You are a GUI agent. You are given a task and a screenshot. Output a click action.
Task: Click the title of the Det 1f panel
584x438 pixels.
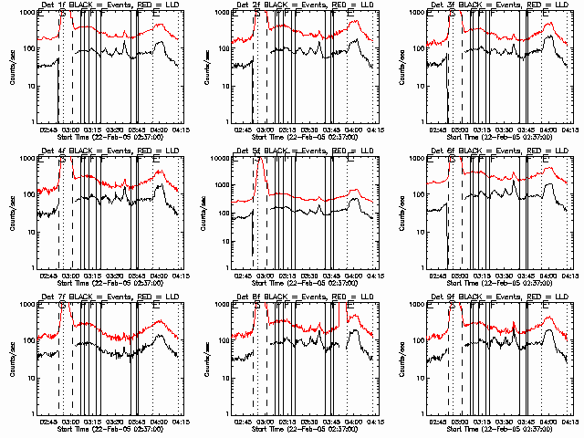coord(107,5)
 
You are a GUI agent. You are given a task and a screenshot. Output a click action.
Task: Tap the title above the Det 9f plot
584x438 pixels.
coord(495,297)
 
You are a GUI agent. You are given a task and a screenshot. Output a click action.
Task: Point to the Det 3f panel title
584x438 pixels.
coord(495,5)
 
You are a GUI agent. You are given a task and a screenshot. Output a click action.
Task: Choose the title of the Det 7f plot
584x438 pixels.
coord(107,297)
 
